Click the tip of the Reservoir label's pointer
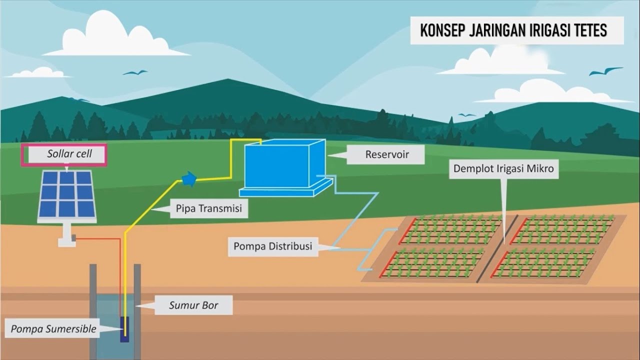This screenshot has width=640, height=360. pos(328,155)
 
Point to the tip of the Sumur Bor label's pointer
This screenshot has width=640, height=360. pos(135,306)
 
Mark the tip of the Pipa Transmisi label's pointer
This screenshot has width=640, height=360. pos(151,209)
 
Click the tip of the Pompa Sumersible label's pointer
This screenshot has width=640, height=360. pos(122,329)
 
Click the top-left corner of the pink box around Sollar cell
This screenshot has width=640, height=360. pos(21,143)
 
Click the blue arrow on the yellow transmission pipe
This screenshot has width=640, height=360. pos(189,179)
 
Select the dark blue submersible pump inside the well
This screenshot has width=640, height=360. pos(124,329)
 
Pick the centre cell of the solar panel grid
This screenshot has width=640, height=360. pos(67,193)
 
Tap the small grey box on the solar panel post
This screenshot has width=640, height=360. pos(73,237)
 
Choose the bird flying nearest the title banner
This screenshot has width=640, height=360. pos(605,71)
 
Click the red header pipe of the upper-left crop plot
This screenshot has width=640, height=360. pos(407,231)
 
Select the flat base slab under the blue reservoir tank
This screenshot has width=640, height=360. pos(285,188)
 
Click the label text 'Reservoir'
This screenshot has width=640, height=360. pos(387,154)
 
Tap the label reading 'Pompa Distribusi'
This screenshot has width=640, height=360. pos(273,246)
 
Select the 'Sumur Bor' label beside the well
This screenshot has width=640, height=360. pos(193,305)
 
